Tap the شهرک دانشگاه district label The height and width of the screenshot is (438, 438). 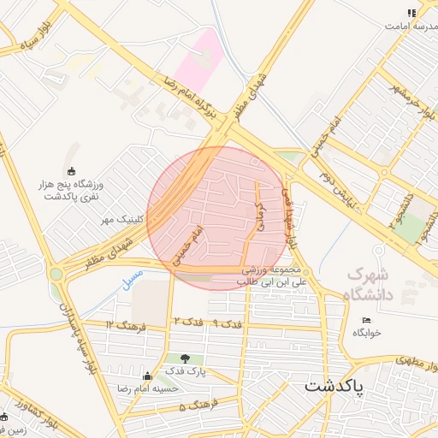[372, 286]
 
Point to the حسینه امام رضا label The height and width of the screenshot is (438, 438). [149, 388]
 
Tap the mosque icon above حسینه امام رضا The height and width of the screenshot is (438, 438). [147, 375]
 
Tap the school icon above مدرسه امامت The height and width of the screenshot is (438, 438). [411, 14]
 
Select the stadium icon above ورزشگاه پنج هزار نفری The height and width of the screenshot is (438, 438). [71, 170]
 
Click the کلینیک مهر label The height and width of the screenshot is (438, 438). [121, 220]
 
